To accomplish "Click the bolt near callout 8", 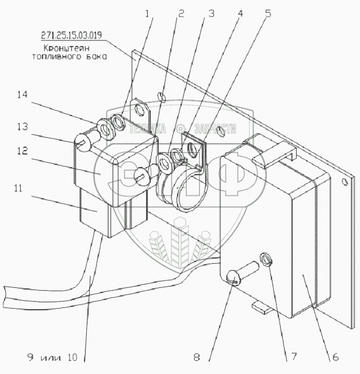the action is (x=244, y=273).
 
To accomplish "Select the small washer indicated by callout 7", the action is (x=267, y=259).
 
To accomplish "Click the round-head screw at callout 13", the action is (x=84, y=142).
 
